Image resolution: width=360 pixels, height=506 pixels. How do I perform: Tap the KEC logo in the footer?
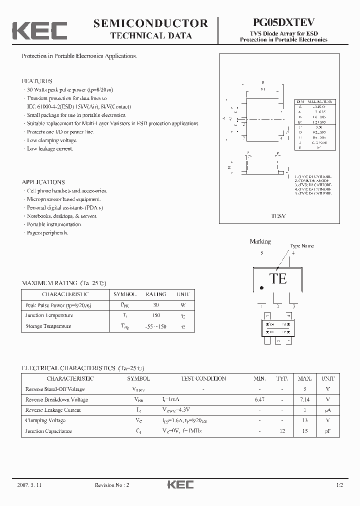pos(180,485)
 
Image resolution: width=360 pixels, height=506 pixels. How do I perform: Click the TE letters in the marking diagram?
pos(278,278)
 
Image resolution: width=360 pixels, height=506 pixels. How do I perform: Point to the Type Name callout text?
pos(302,245)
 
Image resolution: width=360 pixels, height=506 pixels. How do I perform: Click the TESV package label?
pos(279,215)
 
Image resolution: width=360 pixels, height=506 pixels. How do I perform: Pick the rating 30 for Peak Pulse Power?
pos(155,305)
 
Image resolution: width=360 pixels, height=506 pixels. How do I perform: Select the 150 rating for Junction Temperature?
pos(155,315)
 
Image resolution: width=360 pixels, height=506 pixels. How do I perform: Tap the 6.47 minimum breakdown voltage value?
pos(259,399)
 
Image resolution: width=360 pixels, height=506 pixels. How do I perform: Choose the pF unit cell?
pos(328,431)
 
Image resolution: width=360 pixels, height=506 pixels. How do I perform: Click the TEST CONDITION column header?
pos(203,378)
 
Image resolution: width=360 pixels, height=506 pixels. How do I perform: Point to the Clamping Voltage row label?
pos(45,420)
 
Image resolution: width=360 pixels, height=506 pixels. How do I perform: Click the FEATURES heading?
pos(37,81)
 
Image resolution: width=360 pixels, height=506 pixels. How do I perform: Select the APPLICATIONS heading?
pos(43,182)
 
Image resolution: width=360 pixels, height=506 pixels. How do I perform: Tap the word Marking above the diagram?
pos(260,241)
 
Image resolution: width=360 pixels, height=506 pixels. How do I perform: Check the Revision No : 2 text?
pos(112,485)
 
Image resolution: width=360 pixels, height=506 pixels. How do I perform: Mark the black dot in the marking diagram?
pos(261,288)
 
